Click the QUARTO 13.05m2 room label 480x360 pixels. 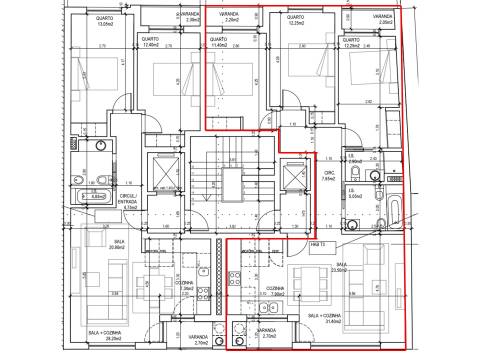click(x=104, y=22)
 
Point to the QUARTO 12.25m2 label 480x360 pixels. click(x=295, y=22)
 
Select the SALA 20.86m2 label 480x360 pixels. click(x=117, y=244)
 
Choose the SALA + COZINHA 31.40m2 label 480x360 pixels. click(x=325, y=317)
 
